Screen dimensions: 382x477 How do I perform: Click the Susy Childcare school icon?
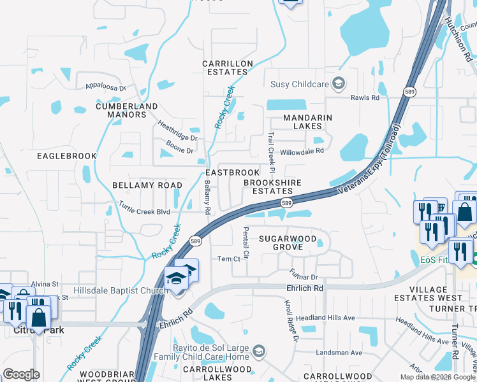(x=339, y=83)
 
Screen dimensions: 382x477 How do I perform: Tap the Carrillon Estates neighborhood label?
(x=228, y=67)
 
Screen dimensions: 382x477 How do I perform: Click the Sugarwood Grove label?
(x=287, y=243)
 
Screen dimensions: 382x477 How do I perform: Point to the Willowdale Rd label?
(x=303, y=152)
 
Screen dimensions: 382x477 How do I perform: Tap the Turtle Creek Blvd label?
(x=145, y=208)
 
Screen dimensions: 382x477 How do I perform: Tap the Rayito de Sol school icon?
(x=258, y=351)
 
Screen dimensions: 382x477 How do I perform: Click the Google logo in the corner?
(x=21, y=374)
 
